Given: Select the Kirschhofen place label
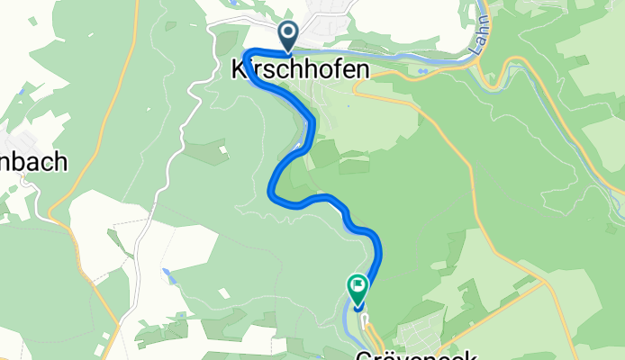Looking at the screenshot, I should click(x=300, y=68).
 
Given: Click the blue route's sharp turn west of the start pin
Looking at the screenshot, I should click(x=248, y=52).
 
